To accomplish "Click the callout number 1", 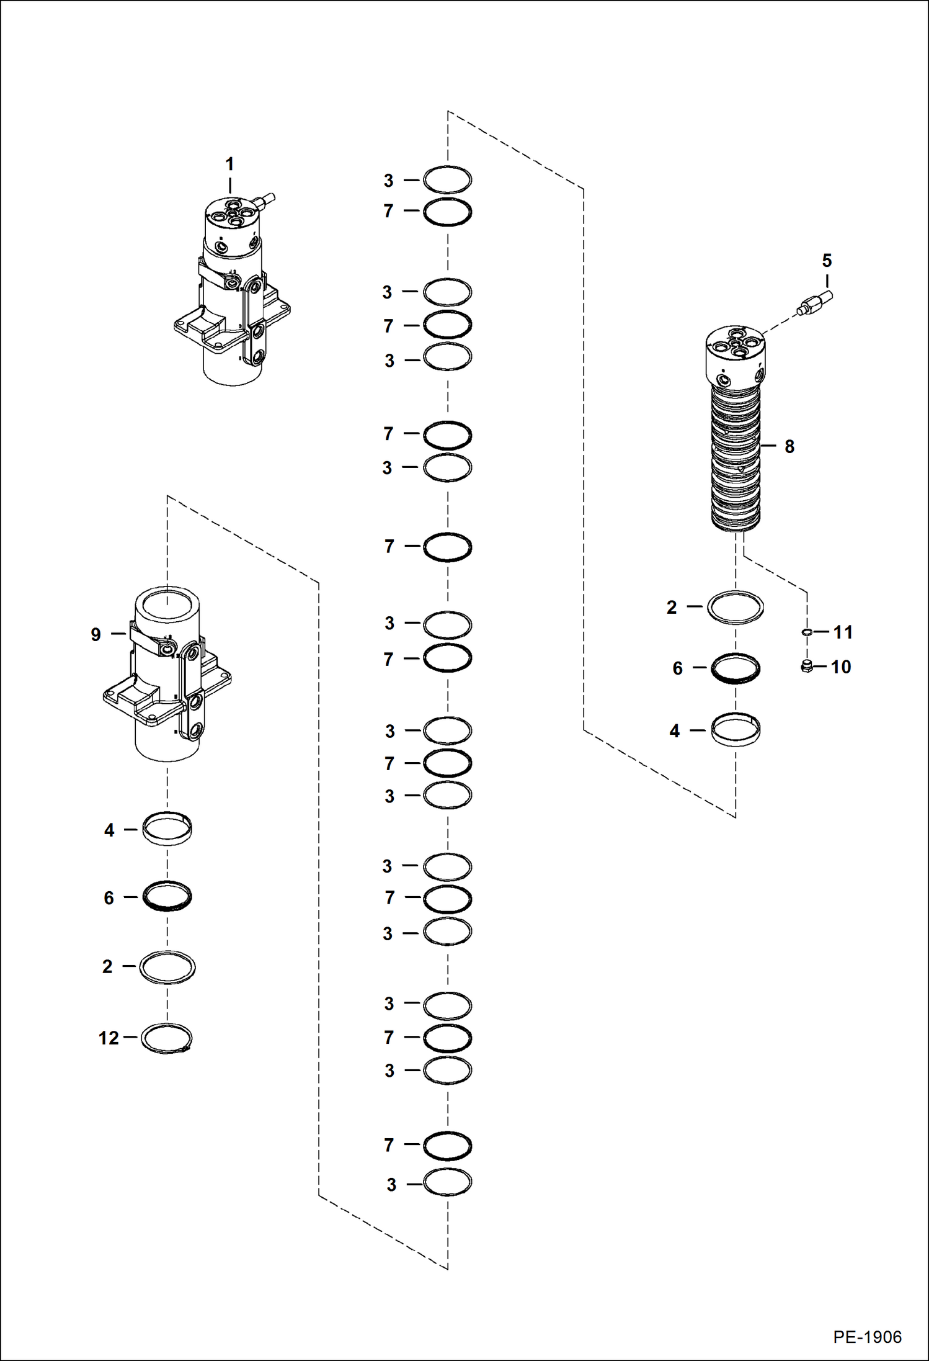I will click(x=229, y=164).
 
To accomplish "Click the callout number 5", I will click(x=827, y=261).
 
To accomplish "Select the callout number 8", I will click(x=789, y=446).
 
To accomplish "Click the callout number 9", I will click(x=96, y=634).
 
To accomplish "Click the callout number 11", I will click(x=843, y=632).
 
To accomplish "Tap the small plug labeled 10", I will click(x=807, y=667).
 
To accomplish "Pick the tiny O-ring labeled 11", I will click(x=807, y=632).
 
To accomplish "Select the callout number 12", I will click(x=109, y=1038).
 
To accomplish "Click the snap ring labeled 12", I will click(x=167, y=1038).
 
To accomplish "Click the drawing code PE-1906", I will click(x=867, y=1337).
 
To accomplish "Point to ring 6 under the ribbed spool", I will click(x=736, y=668).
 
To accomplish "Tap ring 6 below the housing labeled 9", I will click(x=167, y=897).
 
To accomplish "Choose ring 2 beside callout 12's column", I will click(x=167, y=967).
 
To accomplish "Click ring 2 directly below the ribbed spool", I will click(x=736, y=607).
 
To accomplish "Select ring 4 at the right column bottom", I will click(x=736, y=730).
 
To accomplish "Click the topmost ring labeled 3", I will click(x=447, y=180).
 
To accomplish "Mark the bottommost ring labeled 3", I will click(x=447, y=1182).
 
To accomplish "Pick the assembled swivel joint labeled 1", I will click(x=233, y=292).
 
